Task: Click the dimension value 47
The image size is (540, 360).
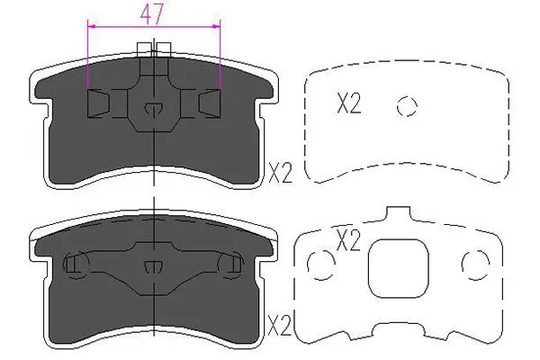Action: tap(153, 13)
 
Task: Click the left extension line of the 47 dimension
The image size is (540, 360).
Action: tap(87, 54)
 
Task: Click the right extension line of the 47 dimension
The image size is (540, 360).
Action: tap(220, 54)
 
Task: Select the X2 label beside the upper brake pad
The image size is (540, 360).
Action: tap(281, 171)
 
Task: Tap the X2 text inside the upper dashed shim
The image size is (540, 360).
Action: tap(348, 105)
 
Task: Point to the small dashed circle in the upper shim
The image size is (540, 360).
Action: tap(408, 106)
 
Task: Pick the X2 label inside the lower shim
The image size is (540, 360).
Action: tap(348, 240)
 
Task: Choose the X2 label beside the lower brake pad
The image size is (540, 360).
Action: tap(281, 321)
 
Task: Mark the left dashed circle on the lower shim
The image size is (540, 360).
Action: tap(320, 264)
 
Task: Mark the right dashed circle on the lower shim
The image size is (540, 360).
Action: tap(473, 264)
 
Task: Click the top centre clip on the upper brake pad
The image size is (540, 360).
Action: tap(156, 50)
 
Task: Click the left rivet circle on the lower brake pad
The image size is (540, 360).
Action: tap(75, 265)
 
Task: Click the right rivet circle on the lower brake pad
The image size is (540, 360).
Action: tap(232, 265)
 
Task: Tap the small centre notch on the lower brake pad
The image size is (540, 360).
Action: tap(154, 265)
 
